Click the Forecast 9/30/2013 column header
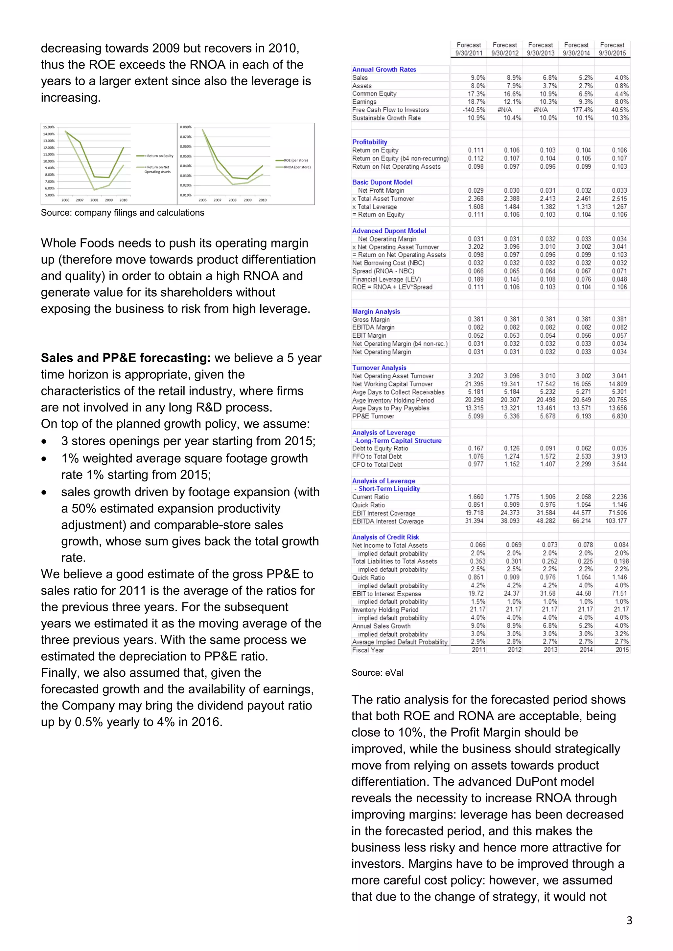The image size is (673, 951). click(540, 49)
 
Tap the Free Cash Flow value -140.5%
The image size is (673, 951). click(474, 110)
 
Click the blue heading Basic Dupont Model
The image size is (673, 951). click(382, 182)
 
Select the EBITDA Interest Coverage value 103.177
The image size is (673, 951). click(616, 521)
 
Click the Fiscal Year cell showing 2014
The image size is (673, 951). click(586, 649)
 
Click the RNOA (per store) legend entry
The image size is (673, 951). click(297, 167)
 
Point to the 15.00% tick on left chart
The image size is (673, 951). click(49, 127)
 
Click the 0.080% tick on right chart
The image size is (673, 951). click(185, 127)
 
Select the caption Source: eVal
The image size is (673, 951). click(377, 673)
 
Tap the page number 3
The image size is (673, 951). click(629, 920)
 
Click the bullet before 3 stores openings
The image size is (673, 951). click(44, 442)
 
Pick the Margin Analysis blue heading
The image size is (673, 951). click(376, 311)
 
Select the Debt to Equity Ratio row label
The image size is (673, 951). click(380, 448)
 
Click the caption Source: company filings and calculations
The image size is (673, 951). click(122, 213)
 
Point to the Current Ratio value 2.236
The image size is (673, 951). click(619, 497)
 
